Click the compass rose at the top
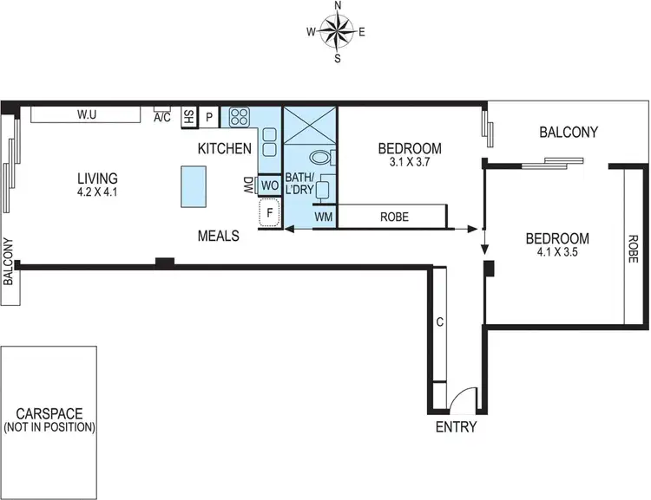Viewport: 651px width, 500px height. pyautogui.click(x=337, y=32)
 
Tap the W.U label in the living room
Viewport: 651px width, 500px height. pyautogui.click(x=85, y=114)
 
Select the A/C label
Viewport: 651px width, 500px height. pyautogui.click(x=162, y=117)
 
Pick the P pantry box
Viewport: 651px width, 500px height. pyautogui.click(x=209, y=117)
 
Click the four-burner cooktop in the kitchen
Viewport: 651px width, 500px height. pyautogui.click(x=239, y=117)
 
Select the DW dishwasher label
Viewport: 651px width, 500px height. pyautogui.click(x=248, y=185)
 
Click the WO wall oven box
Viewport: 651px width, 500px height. pyautogui.click(x=268, y=185)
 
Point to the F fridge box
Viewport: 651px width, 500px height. pyautogui.click(x=269, y=212)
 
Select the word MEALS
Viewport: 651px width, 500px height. pyautogui.click(x=218, y=235)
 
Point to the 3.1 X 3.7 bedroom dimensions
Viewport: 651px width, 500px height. pyautogui.click(x=411, y=161)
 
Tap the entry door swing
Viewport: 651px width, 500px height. pyautogui.click(x=465, y=398)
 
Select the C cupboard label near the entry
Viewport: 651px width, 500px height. pyautogui.click(x=440, y=323)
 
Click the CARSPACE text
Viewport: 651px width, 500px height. pyautogui.click(x=49, y=414)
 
